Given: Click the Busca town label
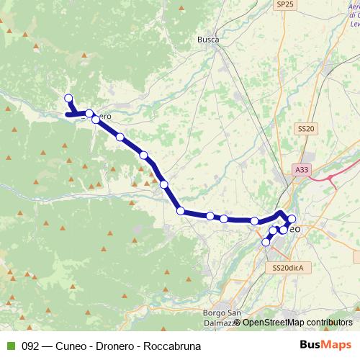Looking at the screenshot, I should click(208, 40).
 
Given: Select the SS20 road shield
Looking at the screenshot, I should click(306, 128).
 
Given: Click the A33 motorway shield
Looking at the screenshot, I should click(302, 169).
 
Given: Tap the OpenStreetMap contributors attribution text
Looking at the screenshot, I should click(297, 323).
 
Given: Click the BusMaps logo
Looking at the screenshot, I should click(327, 346).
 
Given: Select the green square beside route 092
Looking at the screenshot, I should click(9, 346).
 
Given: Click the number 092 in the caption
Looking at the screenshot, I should click(30, 346).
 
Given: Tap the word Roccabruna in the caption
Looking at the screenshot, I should click(172, 346).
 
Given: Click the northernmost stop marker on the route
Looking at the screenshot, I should click(68, 99).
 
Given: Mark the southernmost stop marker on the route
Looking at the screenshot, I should click(266, 243).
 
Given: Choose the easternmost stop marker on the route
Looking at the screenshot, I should click(292, 219).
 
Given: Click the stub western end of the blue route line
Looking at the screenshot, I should click(68, 114).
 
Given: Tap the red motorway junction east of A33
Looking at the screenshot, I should click(333, 175).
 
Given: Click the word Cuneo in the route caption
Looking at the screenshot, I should click(73, 346).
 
